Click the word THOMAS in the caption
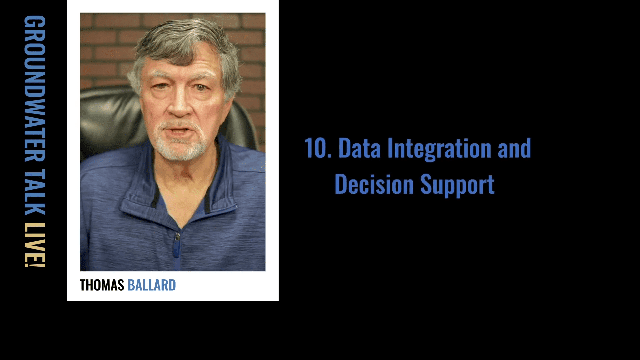coord(102,285)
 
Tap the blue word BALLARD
coord(152,285)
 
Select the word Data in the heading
coord(359,148)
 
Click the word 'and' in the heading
coord(514,148)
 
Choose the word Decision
coord(374,184)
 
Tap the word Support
coord(457,185)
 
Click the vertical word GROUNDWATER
coord(35,88)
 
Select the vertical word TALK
coord(35,192)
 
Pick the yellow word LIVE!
coord(35,245)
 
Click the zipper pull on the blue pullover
coord(177,237)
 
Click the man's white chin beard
coord(180,147)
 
